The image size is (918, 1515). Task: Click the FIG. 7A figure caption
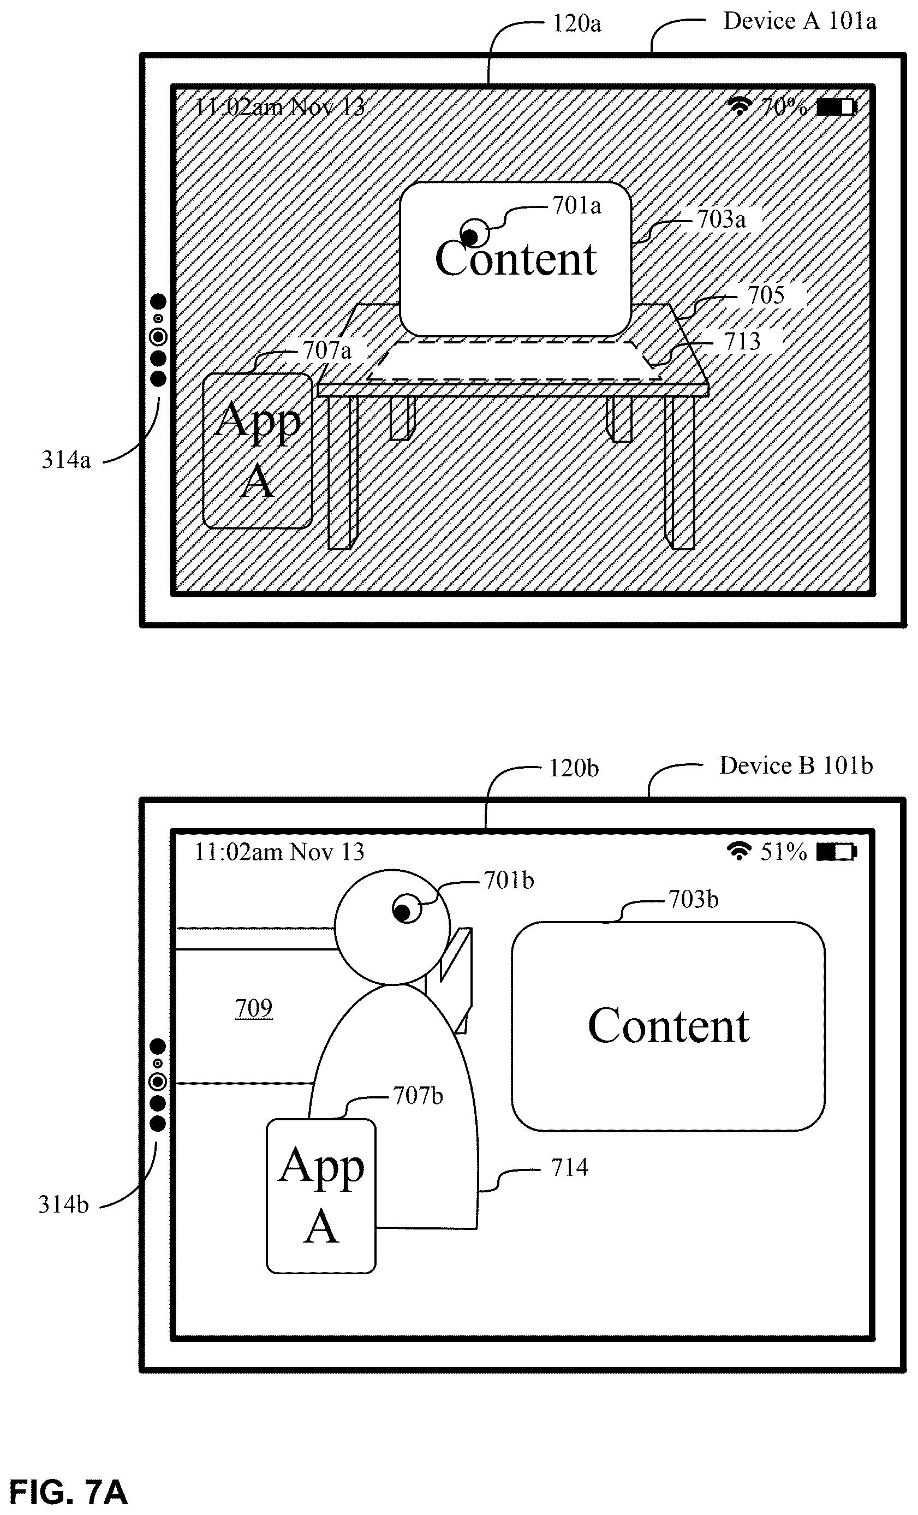(68, 1491)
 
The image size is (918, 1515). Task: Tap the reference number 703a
(721, 219)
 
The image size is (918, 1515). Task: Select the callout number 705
(766, 295)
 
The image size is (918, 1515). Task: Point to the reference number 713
(742, 341)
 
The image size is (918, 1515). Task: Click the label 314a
(66, 459)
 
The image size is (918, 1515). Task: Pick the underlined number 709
(253, 1008)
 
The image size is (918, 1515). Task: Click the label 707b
(418, 1095)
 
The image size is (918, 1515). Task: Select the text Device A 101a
(800, 21)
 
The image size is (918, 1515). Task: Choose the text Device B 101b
(796, 765)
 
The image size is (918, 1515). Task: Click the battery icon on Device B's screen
(836, 852)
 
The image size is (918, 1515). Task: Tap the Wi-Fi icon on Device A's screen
(740, 106)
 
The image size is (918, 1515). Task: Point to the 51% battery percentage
(783, 852)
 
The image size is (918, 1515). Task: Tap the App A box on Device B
(321, 1195)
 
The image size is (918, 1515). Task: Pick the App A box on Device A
(258, 451)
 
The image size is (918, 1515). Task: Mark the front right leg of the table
(679, 472)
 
